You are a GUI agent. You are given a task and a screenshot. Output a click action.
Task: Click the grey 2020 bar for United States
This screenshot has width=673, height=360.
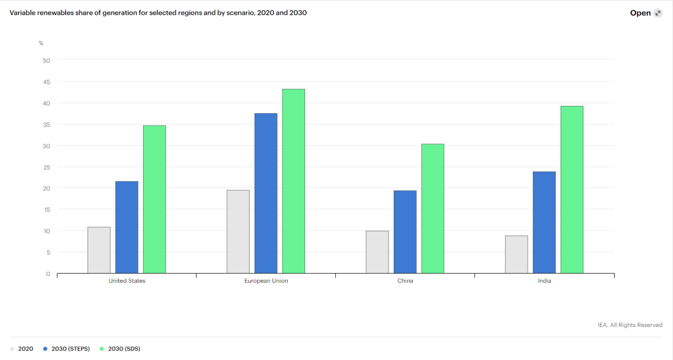[99, 250]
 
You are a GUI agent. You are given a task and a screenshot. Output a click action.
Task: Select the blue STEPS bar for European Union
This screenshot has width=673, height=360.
[266, 193]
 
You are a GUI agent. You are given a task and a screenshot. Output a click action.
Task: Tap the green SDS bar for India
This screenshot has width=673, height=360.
[571, 190]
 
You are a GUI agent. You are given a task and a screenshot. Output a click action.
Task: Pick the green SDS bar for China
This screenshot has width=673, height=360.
[432, 209]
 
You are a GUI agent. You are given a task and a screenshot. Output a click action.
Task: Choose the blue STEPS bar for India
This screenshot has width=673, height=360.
[544, 223]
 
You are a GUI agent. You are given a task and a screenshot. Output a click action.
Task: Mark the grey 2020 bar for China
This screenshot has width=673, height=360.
[377, 252]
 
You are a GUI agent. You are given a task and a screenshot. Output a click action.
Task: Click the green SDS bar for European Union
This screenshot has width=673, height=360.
[293, 181]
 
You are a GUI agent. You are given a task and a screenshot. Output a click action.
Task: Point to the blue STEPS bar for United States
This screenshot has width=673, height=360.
[127, 227]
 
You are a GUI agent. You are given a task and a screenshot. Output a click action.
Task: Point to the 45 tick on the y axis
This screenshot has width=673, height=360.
[47, 82]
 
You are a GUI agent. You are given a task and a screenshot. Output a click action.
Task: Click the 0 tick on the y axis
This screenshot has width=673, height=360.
[48, 274]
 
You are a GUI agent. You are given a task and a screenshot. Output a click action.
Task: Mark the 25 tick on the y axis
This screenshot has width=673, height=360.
[47, 167]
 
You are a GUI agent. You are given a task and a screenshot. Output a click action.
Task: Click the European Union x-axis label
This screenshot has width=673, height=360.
[266, 281]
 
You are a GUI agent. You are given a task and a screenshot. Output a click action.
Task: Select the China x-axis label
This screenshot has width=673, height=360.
[405, 281]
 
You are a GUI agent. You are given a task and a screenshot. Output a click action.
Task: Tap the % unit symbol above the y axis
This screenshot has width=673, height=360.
[41, 43]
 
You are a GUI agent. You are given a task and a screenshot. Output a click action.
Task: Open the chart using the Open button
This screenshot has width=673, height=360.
[646, 13]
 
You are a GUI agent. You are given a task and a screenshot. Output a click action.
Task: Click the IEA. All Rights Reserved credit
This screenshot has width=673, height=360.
[630, 325]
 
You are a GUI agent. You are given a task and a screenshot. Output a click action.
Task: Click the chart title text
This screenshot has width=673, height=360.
[158, 12]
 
